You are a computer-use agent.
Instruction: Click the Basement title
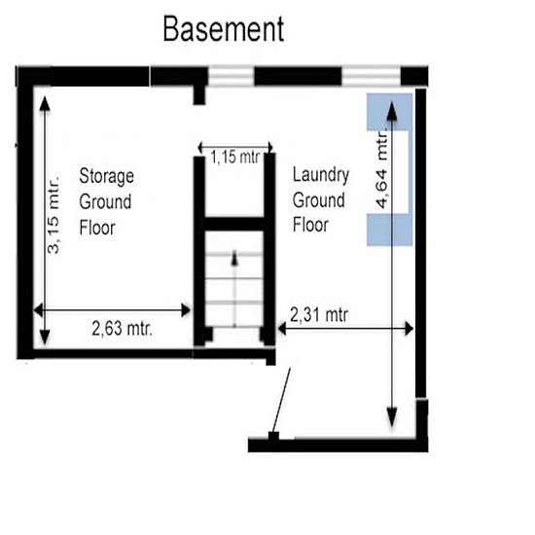click(224, 29)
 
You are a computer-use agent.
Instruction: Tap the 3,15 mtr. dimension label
click(53, 215)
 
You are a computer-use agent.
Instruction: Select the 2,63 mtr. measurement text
click(123, 329)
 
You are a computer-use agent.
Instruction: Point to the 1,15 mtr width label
click(234, 158)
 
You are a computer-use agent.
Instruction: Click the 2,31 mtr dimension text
click(319, 314)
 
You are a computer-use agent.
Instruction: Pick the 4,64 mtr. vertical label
click(382, 168)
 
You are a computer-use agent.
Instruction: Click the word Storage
click(106, 177)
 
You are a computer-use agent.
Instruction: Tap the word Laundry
click(321, 175)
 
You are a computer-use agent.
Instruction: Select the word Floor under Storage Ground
click(97, 228)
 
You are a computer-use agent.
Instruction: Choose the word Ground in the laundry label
click(318, 200)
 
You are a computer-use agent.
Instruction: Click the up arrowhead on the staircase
click(234, 258)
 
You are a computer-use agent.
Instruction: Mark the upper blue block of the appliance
click(390, 112)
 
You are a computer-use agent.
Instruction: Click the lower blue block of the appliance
click(390, 230)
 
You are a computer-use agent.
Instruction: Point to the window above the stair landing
click(231, 76)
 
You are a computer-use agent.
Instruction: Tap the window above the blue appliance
click(371, 76)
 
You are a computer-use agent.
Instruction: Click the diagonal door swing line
click(281, 401)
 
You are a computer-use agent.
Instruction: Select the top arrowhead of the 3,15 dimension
click(45, 104)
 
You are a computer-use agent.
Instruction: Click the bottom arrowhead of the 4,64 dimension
click(392, 418)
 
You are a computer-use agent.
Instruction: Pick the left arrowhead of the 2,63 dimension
click(39, 310)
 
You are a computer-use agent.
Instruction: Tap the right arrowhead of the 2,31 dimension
click(410, 329)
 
